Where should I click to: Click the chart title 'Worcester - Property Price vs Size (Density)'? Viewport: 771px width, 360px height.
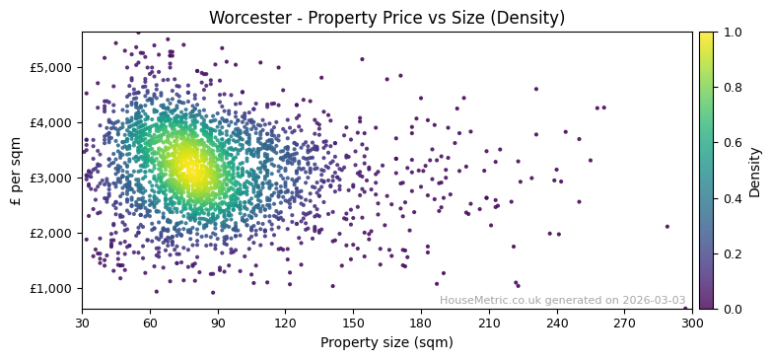tap(386, 18)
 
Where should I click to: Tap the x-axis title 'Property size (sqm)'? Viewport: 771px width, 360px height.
tap(386, 343)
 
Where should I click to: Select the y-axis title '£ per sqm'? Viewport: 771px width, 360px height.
tap(17, 171)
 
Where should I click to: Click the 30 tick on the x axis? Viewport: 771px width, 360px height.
tap(82, 322)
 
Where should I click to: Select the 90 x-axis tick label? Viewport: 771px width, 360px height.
tap(217, 322)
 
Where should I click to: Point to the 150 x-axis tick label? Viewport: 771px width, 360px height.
tap(353, 322)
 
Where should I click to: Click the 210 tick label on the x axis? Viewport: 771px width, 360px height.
tap(488, 322)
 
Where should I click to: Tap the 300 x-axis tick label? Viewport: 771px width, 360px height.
tap(692, 322)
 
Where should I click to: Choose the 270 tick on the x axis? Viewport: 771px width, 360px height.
tap(624, 322)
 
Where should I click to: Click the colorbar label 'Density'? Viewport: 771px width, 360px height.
tap(755, 171)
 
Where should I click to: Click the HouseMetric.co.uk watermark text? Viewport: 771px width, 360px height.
tap(562, 300)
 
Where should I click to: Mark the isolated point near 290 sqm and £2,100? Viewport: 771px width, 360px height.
tap(666, 226)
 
